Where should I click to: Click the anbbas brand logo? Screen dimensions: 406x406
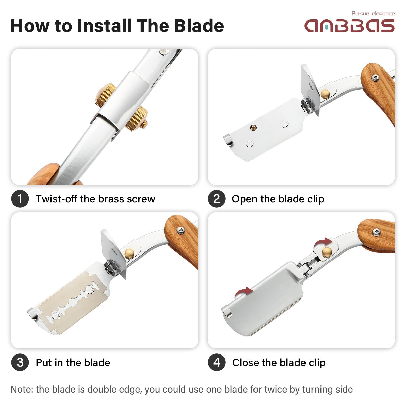point(349,26)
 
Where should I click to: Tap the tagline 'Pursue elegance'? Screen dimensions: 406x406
point(373,14)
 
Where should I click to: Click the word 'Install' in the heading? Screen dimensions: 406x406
point(104,26)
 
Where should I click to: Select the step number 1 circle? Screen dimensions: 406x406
point(20,199)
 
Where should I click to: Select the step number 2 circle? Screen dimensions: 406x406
point(217,199)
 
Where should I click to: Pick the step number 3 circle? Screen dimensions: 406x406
point(20,362)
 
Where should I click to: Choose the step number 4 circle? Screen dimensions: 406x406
point(217,362)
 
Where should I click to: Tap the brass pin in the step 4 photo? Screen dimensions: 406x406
point(327,252)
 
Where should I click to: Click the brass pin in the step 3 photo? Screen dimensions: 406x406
point(130,253)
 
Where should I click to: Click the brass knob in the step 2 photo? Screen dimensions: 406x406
point(325,94)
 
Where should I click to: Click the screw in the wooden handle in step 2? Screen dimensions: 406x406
point(375,78)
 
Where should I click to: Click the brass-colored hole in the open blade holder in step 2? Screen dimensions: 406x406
point(253,128)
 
